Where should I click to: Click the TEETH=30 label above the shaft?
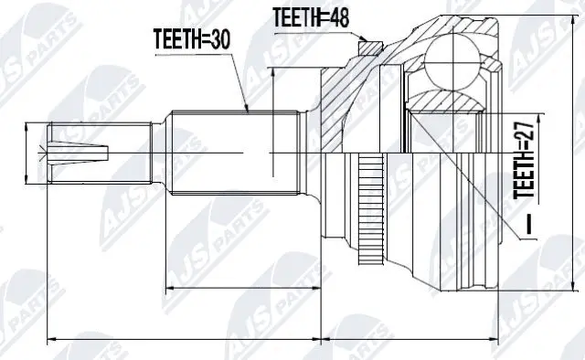[x=191, y=40]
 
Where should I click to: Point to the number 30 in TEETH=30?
[x=220, y=40]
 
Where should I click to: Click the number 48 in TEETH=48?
[x=340, y=17]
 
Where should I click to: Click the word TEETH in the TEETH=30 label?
[x=178, y=40]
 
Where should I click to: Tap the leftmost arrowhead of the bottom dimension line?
[x=51, y=342]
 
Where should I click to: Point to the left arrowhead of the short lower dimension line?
[x=170, y=289]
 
